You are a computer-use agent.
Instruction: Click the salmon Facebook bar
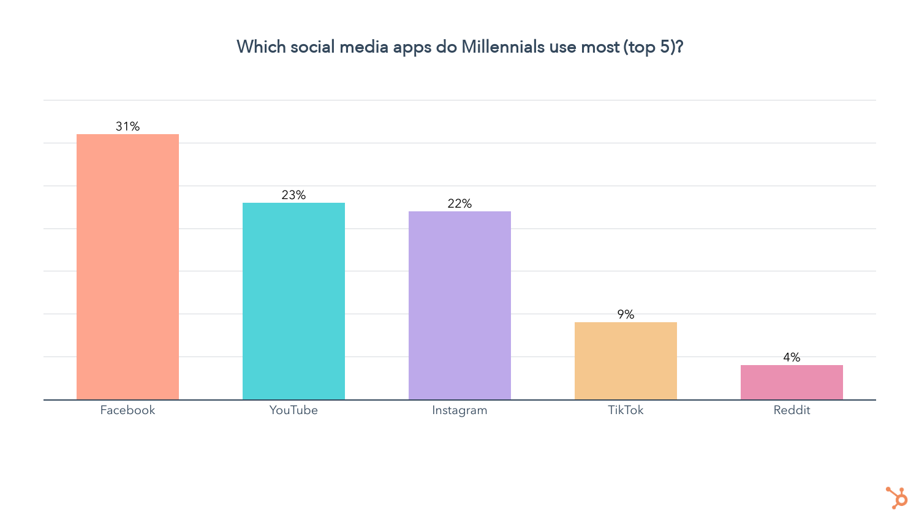tap(127, 266)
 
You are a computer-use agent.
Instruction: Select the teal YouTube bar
tap(293, 301)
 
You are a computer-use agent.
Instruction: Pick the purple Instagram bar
tap(459, 305)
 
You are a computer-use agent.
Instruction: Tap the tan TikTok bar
tap(626, 361)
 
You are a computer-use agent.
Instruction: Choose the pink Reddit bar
tap(792, 382)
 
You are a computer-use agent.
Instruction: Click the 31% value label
tap(127, 126)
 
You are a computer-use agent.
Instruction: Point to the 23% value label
tap(293, 195)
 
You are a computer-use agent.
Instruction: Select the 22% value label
tap(459, 203)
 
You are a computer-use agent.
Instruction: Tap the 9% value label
tap(626, 314)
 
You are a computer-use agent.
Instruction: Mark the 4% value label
tap(792, 357)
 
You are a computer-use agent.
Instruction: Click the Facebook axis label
tap(127, 410)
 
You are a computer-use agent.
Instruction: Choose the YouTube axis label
tap(293, 410)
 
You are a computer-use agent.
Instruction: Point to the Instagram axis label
tap(459, 410)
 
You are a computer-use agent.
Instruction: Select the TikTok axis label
tap(626, 410)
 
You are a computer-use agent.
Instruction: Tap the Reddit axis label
tap(792, 410)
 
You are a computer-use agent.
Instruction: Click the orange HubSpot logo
tap(897, 497)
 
